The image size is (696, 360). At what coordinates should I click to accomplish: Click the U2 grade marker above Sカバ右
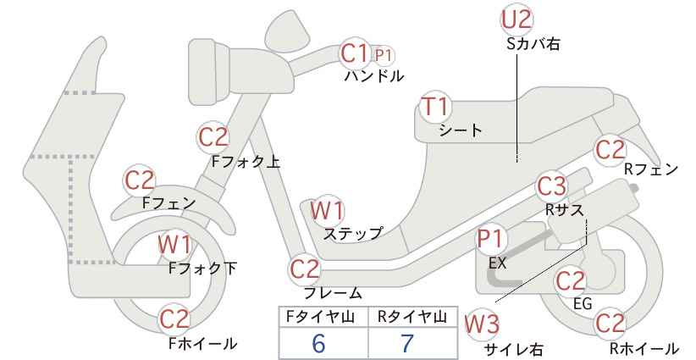pyautogui.click(x=516, y=19)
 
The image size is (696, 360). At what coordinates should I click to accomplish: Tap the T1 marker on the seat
pyautogui.click(x=436, y=107)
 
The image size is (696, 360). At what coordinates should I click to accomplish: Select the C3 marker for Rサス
pyautogui.click(x=552, y=187)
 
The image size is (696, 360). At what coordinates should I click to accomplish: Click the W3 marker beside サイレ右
pyautogui.click(x=482, y=324)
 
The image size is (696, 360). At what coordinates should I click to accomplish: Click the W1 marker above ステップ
pyautogui.click(x=327, y=210)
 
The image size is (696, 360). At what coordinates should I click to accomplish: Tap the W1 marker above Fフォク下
pyautogui.click(x=175, y=245)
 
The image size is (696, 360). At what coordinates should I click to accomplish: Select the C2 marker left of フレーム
pyautogui.click(x=305, y=269)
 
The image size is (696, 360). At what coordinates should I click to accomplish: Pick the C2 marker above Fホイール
pyautogui.click(x=174, y=318)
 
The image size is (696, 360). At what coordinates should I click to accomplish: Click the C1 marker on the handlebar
pyautogui.click(x=355, y=53)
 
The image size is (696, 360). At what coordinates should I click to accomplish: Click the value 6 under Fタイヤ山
pyautogui.click(x=318, y=344)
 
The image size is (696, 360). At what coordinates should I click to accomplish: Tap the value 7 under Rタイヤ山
pyautogui.click(x=407, y=344)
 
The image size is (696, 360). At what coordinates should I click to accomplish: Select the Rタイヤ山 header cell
pyautogui.click(x=413, y=317)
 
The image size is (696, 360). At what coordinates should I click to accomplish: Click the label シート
pyautogui.click(x=461, y=130)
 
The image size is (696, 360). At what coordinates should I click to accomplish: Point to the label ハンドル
pyautogui.click(x=374, y=76)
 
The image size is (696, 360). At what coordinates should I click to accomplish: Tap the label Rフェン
pyautogui.click(x=651, y=169)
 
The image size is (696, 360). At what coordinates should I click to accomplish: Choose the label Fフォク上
pyautogui.click(x=246, y=162)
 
